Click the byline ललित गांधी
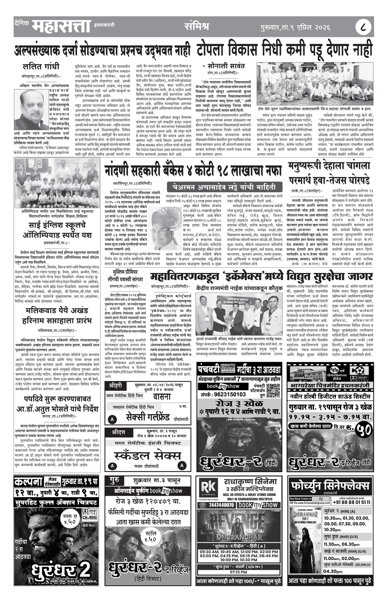[x=41, y=65]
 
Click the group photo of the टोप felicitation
[x=314, y=83]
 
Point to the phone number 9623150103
[x=224, y=394]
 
